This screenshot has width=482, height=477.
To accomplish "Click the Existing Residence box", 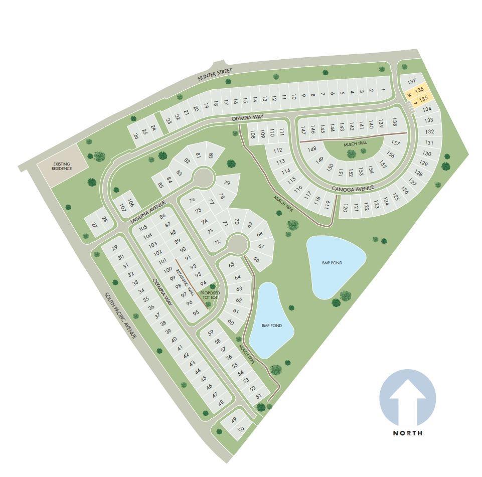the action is point(62,166).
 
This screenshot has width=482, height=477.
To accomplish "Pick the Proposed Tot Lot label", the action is point(210,294).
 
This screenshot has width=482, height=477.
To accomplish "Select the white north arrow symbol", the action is point(407,400).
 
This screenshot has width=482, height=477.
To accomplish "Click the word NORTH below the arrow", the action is point(407,433).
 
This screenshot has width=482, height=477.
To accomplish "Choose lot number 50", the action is point(241,429).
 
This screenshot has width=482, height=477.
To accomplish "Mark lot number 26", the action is point(136,135).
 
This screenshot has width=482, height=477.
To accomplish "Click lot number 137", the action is point(412,81).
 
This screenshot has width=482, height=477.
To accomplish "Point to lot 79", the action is point(227,183).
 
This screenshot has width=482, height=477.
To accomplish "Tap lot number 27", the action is point(94,226).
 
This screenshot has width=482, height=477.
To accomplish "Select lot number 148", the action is point(312,149).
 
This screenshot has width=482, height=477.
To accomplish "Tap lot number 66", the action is point(256,259).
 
